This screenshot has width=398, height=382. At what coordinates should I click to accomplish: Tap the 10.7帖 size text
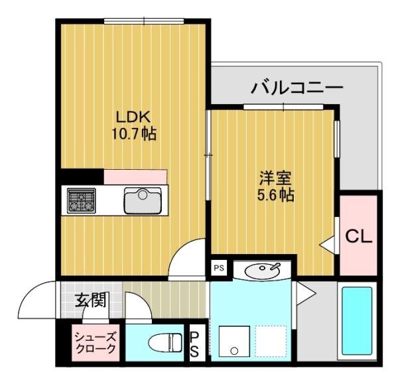click(x=133, y=134)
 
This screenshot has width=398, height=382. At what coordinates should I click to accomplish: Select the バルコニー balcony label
click(x=297, y=88)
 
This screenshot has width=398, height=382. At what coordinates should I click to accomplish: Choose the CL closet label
click(x=358, y=236)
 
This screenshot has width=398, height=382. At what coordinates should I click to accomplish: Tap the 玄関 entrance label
click(x=89, y=300)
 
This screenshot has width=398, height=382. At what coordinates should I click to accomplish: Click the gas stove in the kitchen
click(x=82, y=200)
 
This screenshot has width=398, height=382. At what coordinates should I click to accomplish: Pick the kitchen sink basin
click(x=142, y=201)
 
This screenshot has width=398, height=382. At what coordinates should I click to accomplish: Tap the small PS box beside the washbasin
click(x=218, y=268)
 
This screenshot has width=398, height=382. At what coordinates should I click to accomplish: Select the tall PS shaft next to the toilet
click(x=195, y=344)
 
